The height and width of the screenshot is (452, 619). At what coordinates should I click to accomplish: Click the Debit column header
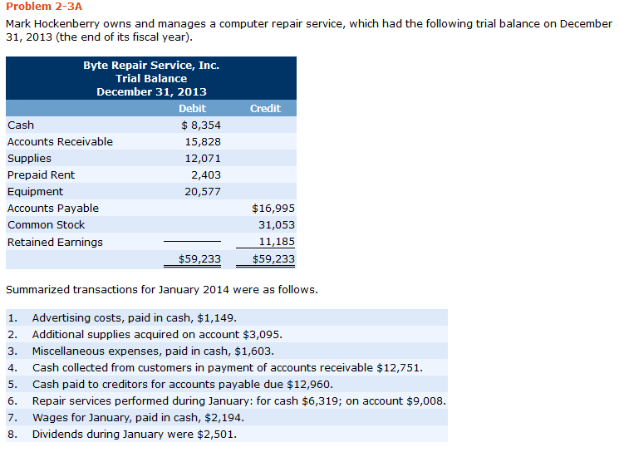point(192,108)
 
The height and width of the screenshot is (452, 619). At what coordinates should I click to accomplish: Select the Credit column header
point(265,108)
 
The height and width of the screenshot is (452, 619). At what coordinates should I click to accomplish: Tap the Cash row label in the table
point(21,125)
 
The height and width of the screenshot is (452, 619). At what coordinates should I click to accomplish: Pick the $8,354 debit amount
point(200,125)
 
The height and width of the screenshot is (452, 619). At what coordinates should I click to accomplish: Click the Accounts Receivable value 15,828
point(203,141)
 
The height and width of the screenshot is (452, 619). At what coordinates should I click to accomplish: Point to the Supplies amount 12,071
point(203,158)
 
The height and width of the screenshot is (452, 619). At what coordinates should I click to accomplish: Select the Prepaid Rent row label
point(41,174)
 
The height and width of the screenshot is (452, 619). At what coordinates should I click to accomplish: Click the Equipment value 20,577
point(203,191)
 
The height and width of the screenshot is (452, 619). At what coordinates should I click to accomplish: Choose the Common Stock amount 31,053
point(277,224)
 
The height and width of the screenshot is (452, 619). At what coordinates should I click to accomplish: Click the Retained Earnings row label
point(55,242)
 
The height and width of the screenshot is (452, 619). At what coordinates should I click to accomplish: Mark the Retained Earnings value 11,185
point(277,242)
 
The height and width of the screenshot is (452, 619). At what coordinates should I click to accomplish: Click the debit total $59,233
point(200,258)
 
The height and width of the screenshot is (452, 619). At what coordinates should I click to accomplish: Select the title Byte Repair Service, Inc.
point(151,65)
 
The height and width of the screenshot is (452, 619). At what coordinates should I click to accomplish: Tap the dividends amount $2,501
point(219,434)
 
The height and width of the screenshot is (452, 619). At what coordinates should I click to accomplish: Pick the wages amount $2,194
point(220,417)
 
